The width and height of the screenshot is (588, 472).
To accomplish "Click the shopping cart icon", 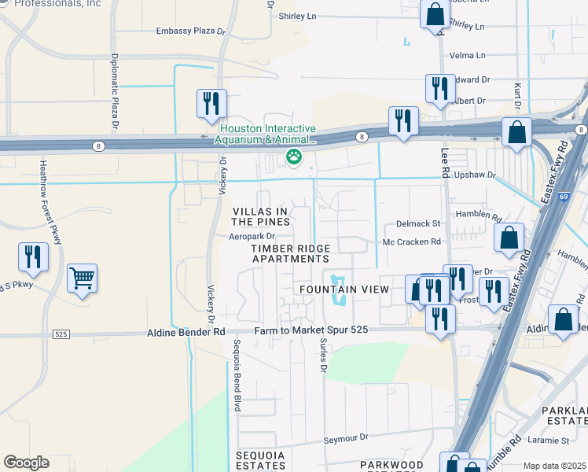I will [x=82, y=278].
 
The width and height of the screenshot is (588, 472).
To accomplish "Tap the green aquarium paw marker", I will [x=294, y=157].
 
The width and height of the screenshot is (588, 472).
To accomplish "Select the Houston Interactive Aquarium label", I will [x=268, y=135].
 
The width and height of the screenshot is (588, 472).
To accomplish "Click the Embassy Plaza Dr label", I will [x=190, y=31].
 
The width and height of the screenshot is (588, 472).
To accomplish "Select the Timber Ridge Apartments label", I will [x=289, y=253].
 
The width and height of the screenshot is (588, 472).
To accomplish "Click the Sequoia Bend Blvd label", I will [x=236, y=376].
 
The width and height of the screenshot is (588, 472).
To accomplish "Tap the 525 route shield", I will [x=61, y=334].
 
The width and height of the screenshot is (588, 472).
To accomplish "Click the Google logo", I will [x=26, y=462].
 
